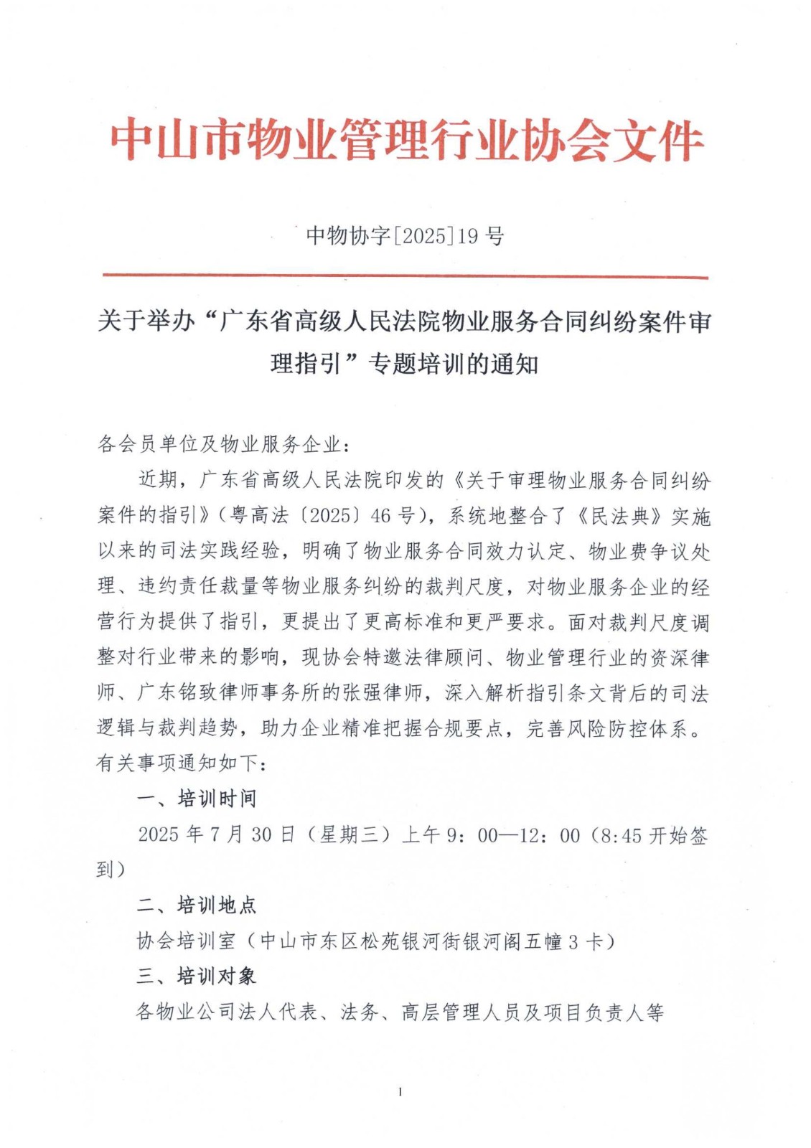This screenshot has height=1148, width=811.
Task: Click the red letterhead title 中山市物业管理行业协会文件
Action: coord(406,141)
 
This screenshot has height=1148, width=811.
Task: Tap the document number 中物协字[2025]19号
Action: coord(405,235)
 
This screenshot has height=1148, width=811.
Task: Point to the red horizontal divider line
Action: coord(405,276)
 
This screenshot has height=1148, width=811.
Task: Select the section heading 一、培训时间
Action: coord(197,799)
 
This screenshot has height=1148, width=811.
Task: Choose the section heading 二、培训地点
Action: coord(197,905)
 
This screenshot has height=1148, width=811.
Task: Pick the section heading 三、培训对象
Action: coord(197,976)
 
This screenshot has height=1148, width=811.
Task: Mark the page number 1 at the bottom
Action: coord(400,1092)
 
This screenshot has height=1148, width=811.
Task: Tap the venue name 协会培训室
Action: coord(186,941)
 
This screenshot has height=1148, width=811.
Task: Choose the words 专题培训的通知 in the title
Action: coord(454,364)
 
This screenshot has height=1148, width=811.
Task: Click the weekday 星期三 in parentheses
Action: coord(347,834)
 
